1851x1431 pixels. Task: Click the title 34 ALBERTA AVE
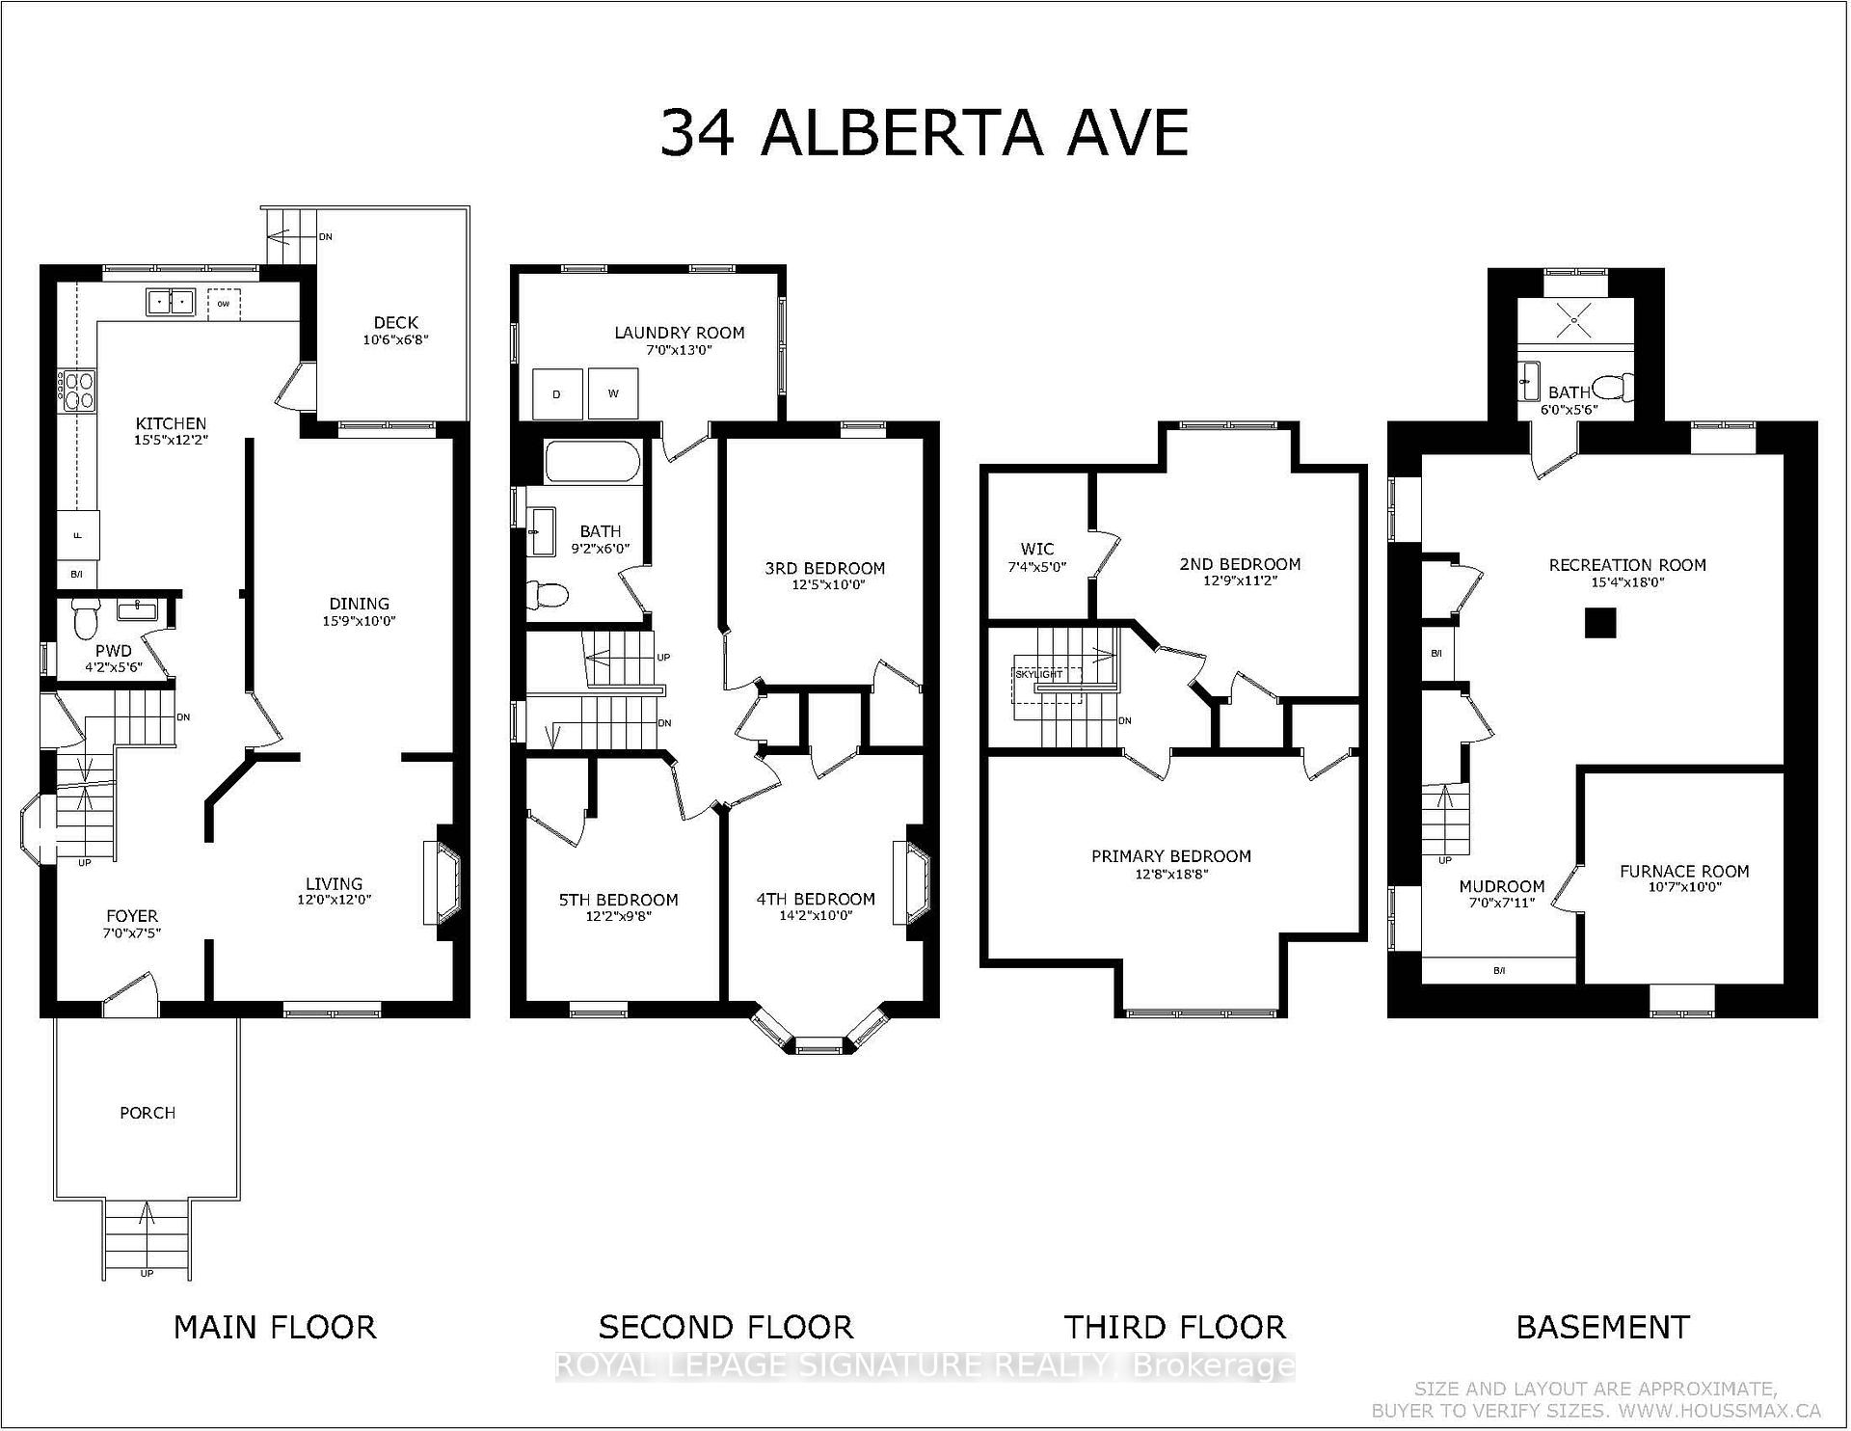click(x=924, y=134)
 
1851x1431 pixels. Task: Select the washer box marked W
click(x=613, y=393)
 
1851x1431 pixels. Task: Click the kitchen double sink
click(x=171, y=302)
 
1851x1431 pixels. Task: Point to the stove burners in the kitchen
click(x=77, y=391)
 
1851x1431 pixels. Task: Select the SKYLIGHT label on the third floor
click(x=1038, y=674)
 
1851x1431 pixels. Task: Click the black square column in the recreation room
click(x=1600, y=623)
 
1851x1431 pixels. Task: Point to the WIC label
click(x=1036, y=549)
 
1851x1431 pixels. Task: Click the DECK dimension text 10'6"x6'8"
click(x=395, y=339)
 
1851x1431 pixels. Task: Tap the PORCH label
click(x=148, y=1113)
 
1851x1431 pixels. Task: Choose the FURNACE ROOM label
click(x=1683, y=871)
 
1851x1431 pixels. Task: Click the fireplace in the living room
click(x=442, y=883)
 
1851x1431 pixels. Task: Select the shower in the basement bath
click(x=1575, y=319)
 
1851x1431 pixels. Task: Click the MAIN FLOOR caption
click(x=275, y=1327)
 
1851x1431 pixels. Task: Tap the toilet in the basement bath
click(x=1612, y=388)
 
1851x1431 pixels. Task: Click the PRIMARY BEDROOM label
click(x=1170, y=856)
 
